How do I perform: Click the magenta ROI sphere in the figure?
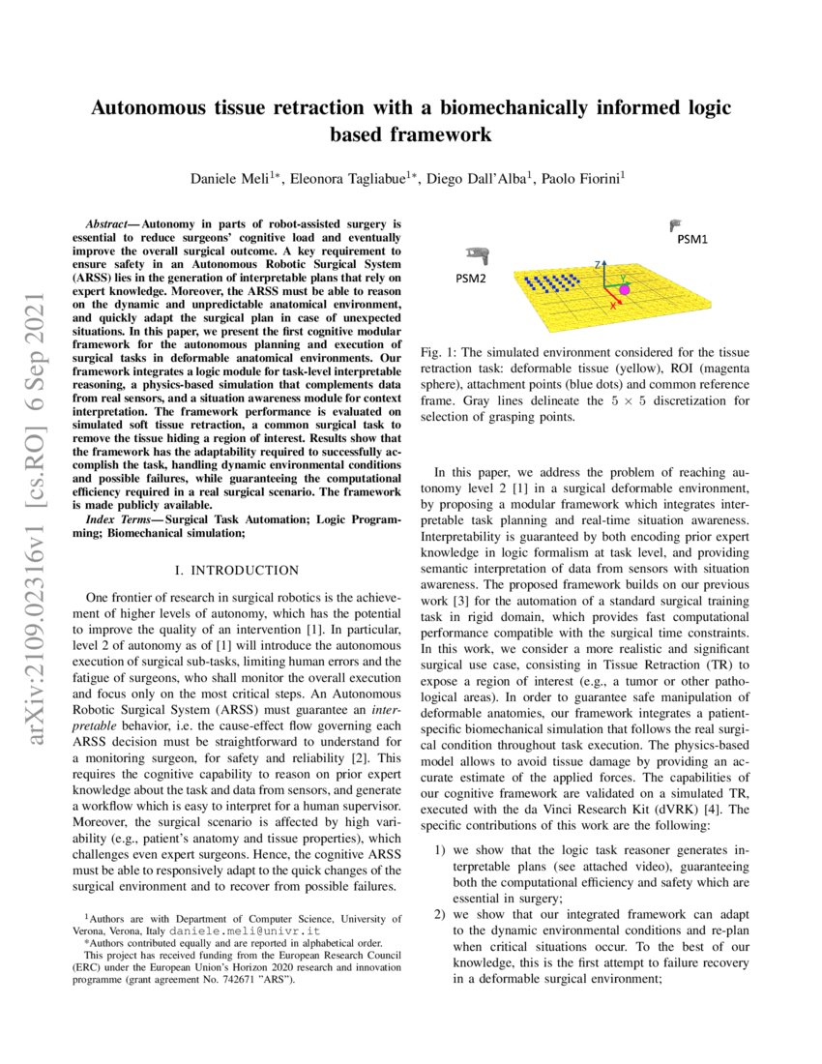pyautogui.click(x=625, y=289)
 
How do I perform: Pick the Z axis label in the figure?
pyautogui.click(x=600, y=262)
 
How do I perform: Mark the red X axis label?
pyautogui.click(x=612, y=306)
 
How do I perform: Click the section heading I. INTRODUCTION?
pyautogui.click(x=236, y=571)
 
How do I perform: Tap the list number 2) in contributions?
pyautogui.click(x=439, y=914)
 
